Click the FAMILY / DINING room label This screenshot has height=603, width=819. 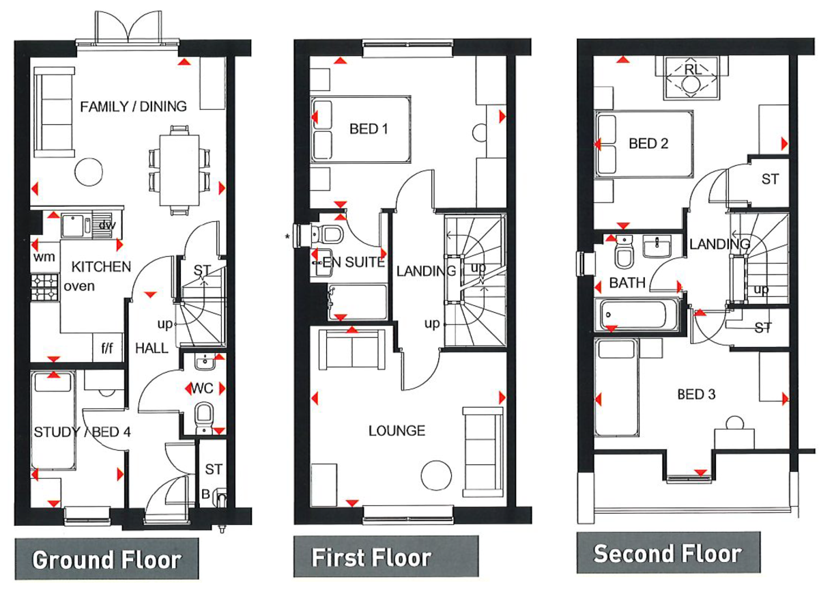coord(133,107)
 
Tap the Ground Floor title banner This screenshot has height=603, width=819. coord(106,559)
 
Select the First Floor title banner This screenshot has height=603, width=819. coord(371,557)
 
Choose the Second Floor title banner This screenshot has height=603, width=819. coord(667,552)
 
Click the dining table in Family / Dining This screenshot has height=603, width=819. coord(179,169)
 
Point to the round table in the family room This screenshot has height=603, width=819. coord(89,171)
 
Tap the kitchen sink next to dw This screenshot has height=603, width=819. coord(72,225)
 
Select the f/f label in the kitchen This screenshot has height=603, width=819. coord(107,348)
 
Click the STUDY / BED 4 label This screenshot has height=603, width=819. coord(82,432)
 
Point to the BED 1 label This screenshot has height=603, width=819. coord(369,128)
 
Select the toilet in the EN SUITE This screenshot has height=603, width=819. coord(330,234)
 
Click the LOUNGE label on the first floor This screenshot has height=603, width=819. coord(397,431)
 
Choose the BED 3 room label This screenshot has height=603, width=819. coord(696,394)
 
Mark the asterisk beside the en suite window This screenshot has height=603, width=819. coord(288,236)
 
